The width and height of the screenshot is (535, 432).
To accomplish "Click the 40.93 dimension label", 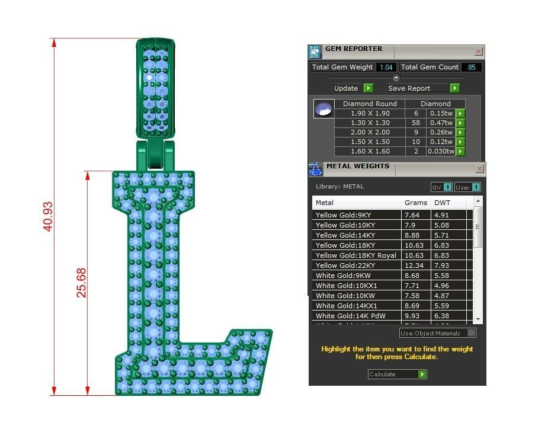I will [49, 216].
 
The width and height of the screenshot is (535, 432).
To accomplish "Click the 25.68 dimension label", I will [82, 283].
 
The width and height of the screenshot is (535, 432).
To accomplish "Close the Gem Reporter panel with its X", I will [479, 52].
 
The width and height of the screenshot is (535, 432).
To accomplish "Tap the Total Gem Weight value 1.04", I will [386, 68].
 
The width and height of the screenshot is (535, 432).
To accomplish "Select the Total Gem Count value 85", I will [472, 68].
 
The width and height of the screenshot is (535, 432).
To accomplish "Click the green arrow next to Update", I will [368, 88].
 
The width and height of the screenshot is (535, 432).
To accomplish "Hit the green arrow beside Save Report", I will [454, 88].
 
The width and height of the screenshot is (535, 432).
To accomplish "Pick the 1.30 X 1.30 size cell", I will [370, 123].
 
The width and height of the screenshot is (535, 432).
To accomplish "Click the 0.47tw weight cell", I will [441, 123].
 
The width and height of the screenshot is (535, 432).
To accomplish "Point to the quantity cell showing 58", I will [416, 123].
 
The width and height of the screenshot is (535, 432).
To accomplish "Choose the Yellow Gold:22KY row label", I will [344, 265].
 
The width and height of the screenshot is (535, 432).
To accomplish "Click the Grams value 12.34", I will [412, 265].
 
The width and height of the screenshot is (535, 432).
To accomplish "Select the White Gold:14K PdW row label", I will [350, 316].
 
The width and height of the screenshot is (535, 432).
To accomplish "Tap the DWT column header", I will [442, 203].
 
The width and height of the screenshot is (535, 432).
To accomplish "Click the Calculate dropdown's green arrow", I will [422, 375].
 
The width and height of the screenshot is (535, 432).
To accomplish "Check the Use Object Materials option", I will [472, 333].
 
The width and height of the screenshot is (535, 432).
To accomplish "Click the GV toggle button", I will [441, 187].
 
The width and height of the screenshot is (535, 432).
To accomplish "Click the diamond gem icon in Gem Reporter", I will [323, 110].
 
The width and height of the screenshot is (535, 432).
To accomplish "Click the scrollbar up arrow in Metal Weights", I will [478, 202].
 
